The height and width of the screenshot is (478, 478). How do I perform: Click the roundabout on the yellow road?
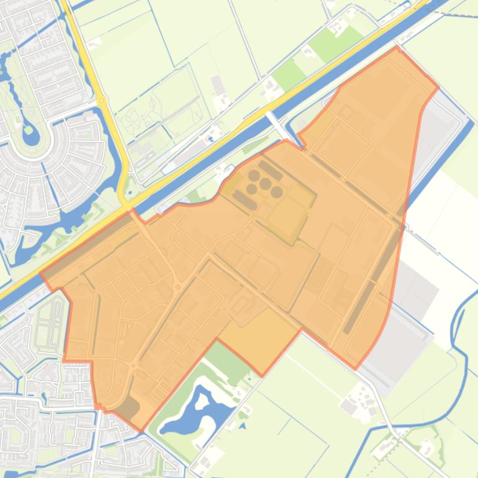tap(101, 101)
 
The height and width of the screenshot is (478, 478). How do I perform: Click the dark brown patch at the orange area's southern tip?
tap(129, 408)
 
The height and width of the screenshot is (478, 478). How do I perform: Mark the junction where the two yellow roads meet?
tap(126, 203)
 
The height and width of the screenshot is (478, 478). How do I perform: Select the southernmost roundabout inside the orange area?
tap(133, 366)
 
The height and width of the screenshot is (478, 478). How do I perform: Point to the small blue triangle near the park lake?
tap(242, 426)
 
